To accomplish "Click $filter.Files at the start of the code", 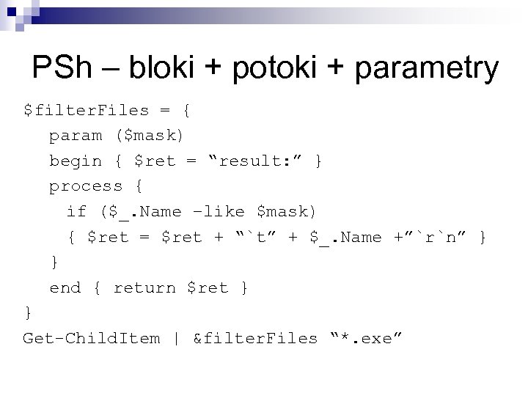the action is tap(87, 111).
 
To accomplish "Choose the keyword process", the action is tap(86, 186).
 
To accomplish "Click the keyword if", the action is tap(76, 212).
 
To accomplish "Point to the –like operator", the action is tap(218, 212).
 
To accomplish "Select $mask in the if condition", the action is tap(286, 212).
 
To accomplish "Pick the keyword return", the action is tap(144, 287).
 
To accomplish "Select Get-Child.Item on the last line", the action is tap(92, 338).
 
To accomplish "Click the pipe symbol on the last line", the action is tap(177, 338).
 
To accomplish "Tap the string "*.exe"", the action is tap(367, 338).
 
